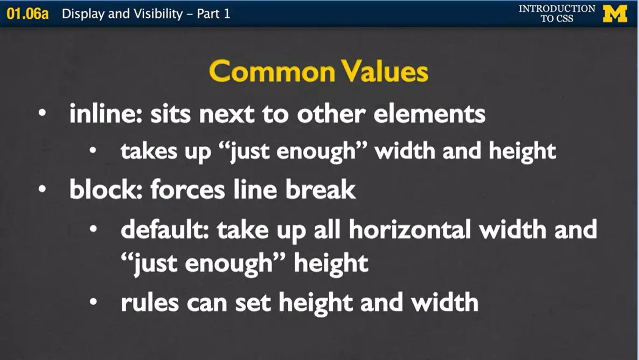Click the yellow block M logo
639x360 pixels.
coord(615,13)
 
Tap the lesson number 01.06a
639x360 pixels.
coord(27,14)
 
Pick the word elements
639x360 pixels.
coord(432,114)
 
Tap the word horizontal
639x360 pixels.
coord(411,231)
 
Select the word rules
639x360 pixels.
coord(150,303)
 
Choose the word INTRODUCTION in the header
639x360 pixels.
coord(557,9)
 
